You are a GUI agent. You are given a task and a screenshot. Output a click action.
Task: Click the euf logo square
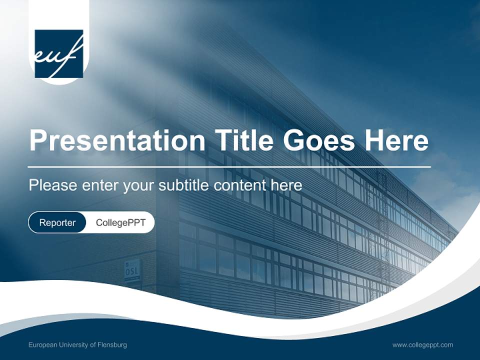point(58,53)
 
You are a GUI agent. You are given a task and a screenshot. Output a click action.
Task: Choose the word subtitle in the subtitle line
point(185,185)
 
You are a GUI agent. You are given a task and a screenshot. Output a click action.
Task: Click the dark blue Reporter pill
point(57,222)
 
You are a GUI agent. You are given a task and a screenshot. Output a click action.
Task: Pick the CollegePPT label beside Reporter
point(120,222)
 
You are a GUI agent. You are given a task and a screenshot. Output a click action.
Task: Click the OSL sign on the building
point(132,271)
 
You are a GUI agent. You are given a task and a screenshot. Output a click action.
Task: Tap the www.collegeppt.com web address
point(422,345)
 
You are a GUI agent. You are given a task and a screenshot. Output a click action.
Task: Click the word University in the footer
point(72,345)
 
